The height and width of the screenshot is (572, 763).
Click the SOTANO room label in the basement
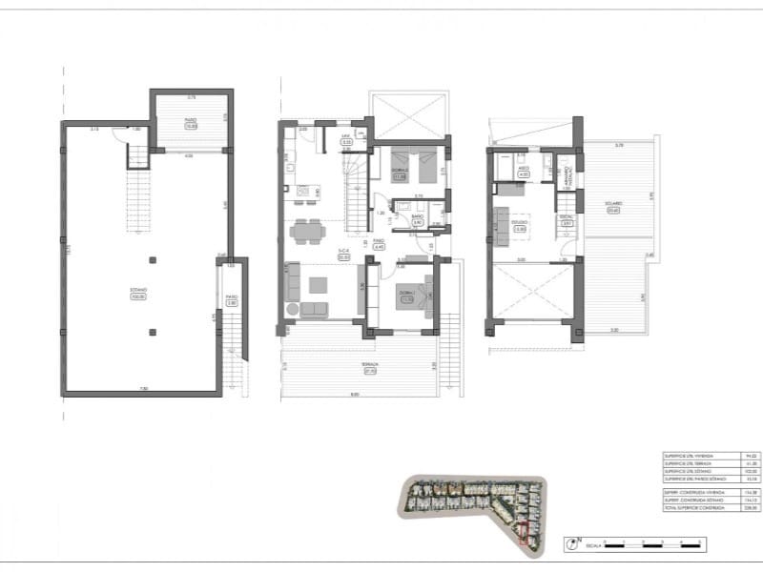[x=138, y=292]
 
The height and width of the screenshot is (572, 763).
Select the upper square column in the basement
[x=153, y=259]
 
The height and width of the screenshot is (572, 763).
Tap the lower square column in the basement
[x=153, y=331]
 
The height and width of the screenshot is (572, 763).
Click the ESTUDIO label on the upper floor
[x=520, y=225]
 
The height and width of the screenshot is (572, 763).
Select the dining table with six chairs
[x=306, y=231]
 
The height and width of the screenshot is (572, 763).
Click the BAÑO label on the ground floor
[x=417, y=218]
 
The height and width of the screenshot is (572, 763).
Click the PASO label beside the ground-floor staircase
[x=379, y=243]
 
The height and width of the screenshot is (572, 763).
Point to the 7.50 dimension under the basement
[x=144, y=388]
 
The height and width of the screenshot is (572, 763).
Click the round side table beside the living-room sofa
[x=292, y=310]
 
